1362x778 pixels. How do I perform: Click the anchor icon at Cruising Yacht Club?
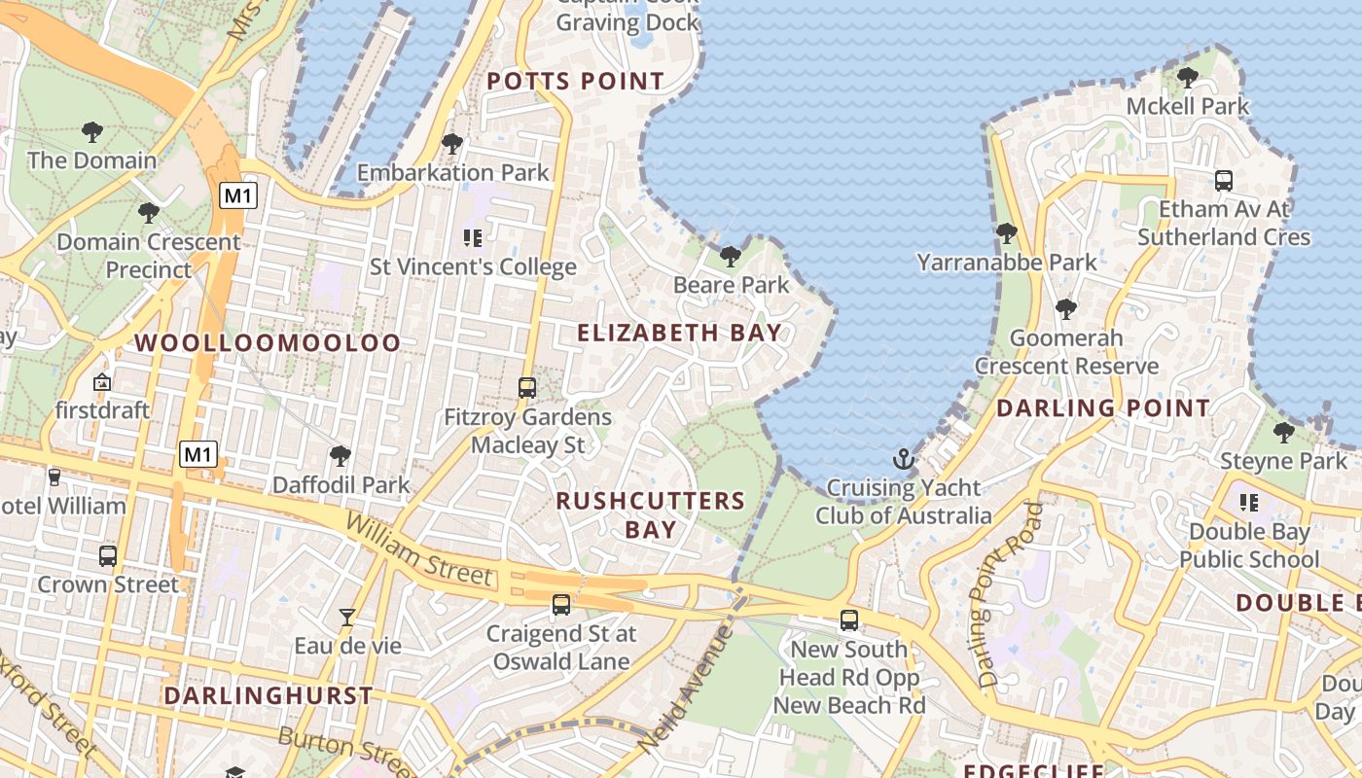click(905, 459)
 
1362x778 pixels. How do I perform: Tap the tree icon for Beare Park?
click(731, 257)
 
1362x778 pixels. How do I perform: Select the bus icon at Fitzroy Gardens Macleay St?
click(527, 388)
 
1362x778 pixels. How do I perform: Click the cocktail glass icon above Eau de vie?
click(346, 617)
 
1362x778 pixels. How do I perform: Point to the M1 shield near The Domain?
click(237, 195)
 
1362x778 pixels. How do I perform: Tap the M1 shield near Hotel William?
click(197, 453)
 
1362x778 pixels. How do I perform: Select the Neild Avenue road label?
click(686, 690)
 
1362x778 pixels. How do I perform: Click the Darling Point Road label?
click(1003, 595)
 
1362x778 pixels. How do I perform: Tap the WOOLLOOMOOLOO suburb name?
click(268, 342)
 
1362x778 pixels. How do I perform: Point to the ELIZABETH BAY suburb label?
click(679, 333)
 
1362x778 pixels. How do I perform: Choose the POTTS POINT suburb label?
click(575, 81)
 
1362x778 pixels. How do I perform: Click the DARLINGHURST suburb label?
click(268, 695)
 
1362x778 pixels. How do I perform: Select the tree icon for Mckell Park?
click(1187, 77)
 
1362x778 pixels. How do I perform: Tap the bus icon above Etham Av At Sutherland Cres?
click(1224, 181)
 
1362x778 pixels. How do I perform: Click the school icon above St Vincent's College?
click(473, 237)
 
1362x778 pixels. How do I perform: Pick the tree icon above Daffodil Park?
click(340, 455)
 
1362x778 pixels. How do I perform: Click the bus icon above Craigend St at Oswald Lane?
click(561, 605)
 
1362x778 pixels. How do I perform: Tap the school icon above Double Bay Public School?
click(1249, 503)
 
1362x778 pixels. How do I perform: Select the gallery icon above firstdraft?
click(102, 382)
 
